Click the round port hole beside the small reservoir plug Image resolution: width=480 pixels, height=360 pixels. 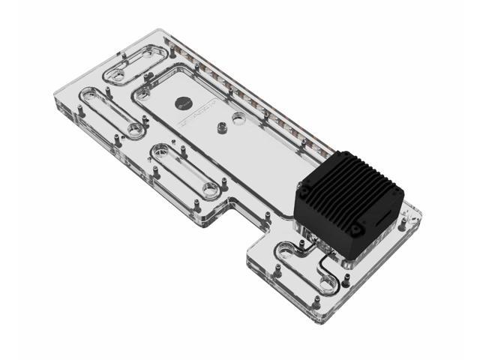point(239,118)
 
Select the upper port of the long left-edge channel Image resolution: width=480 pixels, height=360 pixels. point(89,94)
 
